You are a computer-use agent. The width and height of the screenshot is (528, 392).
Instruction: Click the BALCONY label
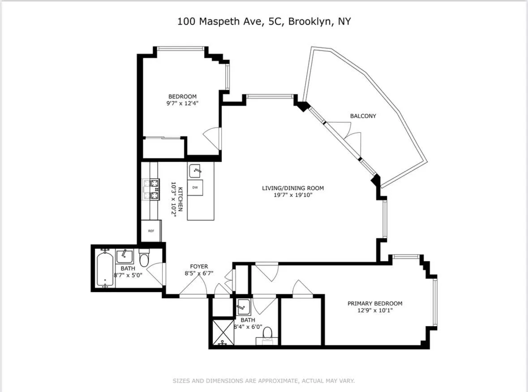[363, 116]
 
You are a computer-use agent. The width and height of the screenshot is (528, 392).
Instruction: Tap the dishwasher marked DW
[195, 187]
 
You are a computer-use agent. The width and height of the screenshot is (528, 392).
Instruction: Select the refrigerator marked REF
[151, 231]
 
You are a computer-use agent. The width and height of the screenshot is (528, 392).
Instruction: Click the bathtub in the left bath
[106, 268]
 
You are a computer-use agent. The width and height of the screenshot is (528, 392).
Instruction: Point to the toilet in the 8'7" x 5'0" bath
[144, 259]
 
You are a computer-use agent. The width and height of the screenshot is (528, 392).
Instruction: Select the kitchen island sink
[195, 170]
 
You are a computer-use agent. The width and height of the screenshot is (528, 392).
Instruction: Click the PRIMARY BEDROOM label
[375, 303]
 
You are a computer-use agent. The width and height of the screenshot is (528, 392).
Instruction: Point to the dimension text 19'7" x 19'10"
[293, 195]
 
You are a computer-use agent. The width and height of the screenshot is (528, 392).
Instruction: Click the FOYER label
[199, 266]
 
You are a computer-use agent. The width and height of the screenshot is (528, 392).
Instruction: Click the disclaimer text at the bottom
[264, 381]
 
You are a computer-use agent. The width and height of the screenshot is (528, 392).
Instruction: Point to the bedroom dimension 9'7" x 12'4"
[182, 103]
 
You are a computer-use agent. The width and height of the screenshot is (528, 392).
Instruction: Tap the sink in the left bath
[124, 256]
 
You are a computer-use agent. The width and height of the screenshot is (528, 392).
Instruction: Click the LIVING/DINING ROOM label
[293, 188]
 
